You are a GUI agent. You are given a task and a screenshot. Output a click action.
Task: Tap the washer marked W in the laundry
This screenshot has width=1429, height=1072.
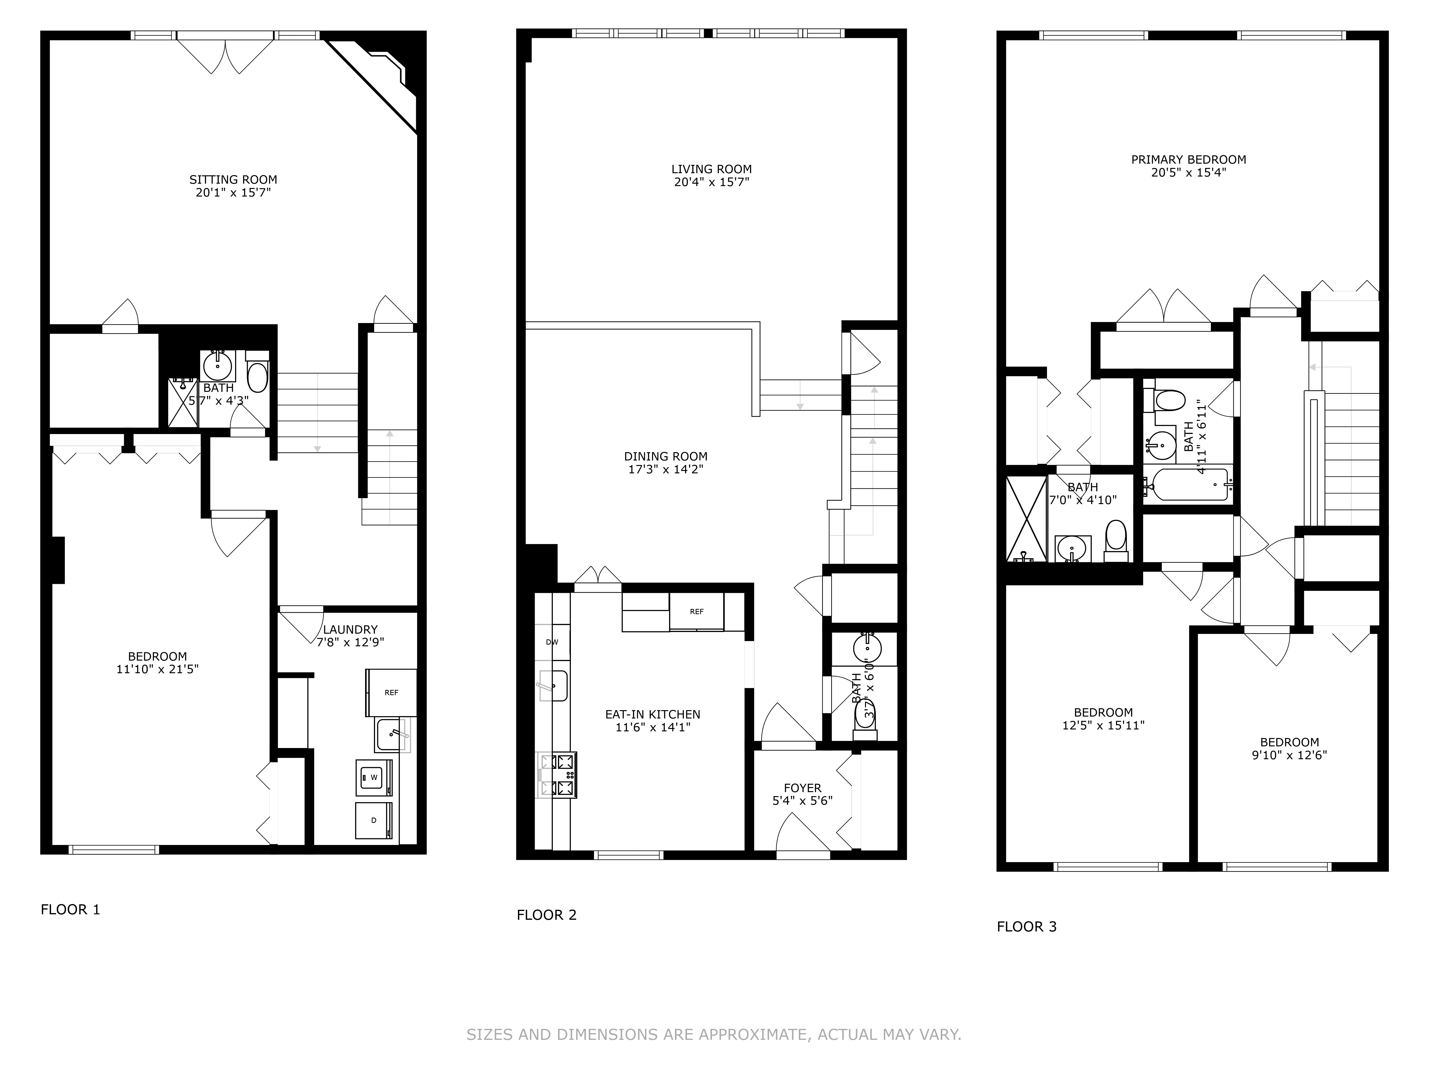coord(373,777)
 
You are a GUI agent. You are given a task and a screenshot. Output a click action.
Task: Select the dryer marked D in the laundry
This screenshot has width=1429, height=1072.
coord(373,821)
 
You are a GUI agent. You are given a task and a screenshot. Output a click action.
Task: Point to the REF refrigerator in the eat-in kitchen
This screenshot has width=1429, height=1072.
coord(696,611)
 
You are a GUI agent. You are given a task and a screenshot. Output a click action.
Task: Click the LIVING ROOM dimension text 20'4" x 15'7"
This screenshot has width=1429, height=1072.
coord(711,182)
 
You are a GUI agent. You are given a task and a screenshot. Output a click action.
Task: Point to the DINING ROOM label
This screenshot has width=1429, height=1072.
coord(665,456)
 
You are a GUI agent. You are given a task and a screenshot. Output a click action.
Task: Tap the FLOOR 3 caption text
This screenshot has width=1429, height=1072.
coord(1026,927)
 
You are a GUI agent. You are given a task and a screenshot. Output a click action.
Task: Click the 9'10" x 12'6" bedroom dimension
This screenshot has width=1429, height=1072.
coord(1289,755)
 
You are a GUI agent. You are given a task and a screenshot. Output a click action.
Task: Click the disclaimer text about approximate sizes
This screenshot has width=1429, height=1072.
coord(714,1035)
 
